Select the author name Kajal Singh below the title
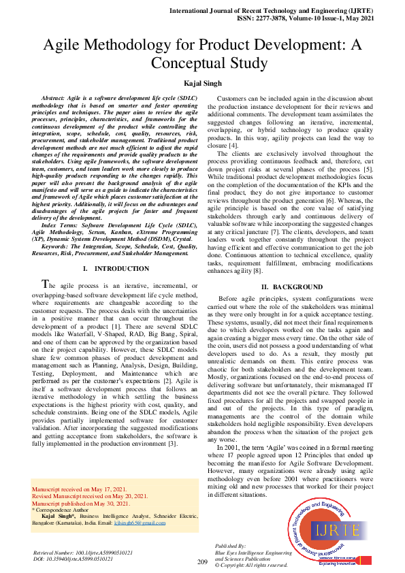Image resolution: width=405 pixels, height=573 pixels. (x=202, y=83)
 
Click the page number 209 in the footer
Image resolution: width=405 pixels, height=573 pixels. (x=202, y=561)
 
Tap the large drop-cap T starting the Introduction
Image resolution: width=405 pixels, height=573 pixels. (x=46, y=284)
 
